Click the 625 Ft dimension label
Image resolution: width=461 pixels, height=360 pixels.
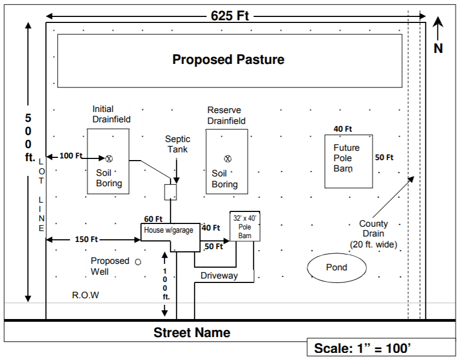229,16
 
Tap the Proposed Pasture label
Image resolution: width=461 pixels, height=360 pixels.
228,60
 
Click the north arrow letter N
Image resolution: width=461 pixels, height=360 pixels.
438,49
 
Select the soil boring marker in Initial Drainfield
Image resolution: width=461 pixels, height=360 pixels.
109,158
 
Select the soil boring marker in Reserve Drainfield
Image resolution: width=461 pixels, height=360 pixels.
228,159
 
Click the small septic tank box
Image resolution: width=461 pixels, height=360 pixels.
171,192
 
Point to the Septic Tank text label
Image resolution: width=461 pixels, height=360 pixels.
178,144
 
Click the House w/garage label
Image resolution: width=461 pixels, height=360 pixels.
168,231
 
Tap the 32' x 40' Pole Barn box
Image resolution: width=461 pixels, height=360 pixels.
245,226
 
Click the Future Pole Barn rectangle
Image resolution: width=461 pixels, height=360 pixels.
349,161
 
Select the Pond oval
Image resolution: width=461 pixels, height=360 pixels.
336,267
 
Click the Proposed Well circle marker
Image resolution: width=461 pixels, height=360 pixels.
138,262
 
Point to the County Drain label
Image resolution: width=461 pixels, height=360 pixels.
374,229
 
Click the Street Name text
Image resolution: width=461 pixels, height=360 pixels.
192,333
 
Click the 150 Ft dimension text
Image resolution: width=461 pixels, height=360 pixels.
86,239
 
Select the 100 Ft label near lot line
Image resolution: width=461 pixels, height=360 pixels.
70,156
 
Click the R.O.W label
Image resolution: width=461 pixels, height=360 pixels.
86,296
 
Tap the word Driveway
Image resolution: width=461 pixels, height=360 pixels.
219,275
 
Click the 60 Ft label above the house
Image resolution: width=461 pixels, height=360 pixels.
153,219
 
